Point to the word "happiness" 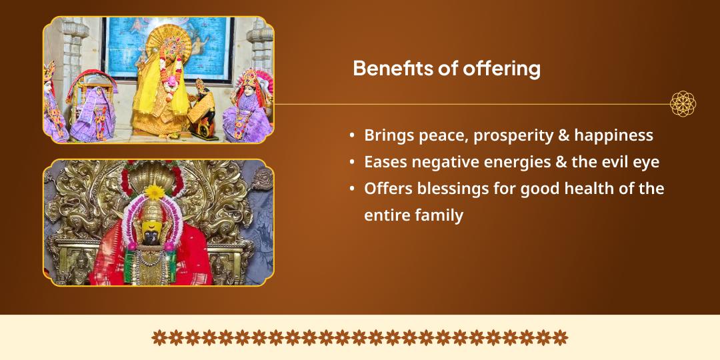[x=613, y=137]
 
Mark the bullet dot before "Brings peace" [x=352, y=137]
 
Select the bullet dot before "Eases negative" [x=352, y=163]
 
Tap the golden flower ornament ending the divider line [x=683, y=104]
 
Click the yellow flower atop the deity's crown [x=154, y=192]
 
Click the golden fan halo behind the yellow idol [x=169, y=43]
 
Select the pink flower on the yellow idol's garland [x=171, y=82]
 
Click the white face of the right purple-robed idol [x=250, y=91]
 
